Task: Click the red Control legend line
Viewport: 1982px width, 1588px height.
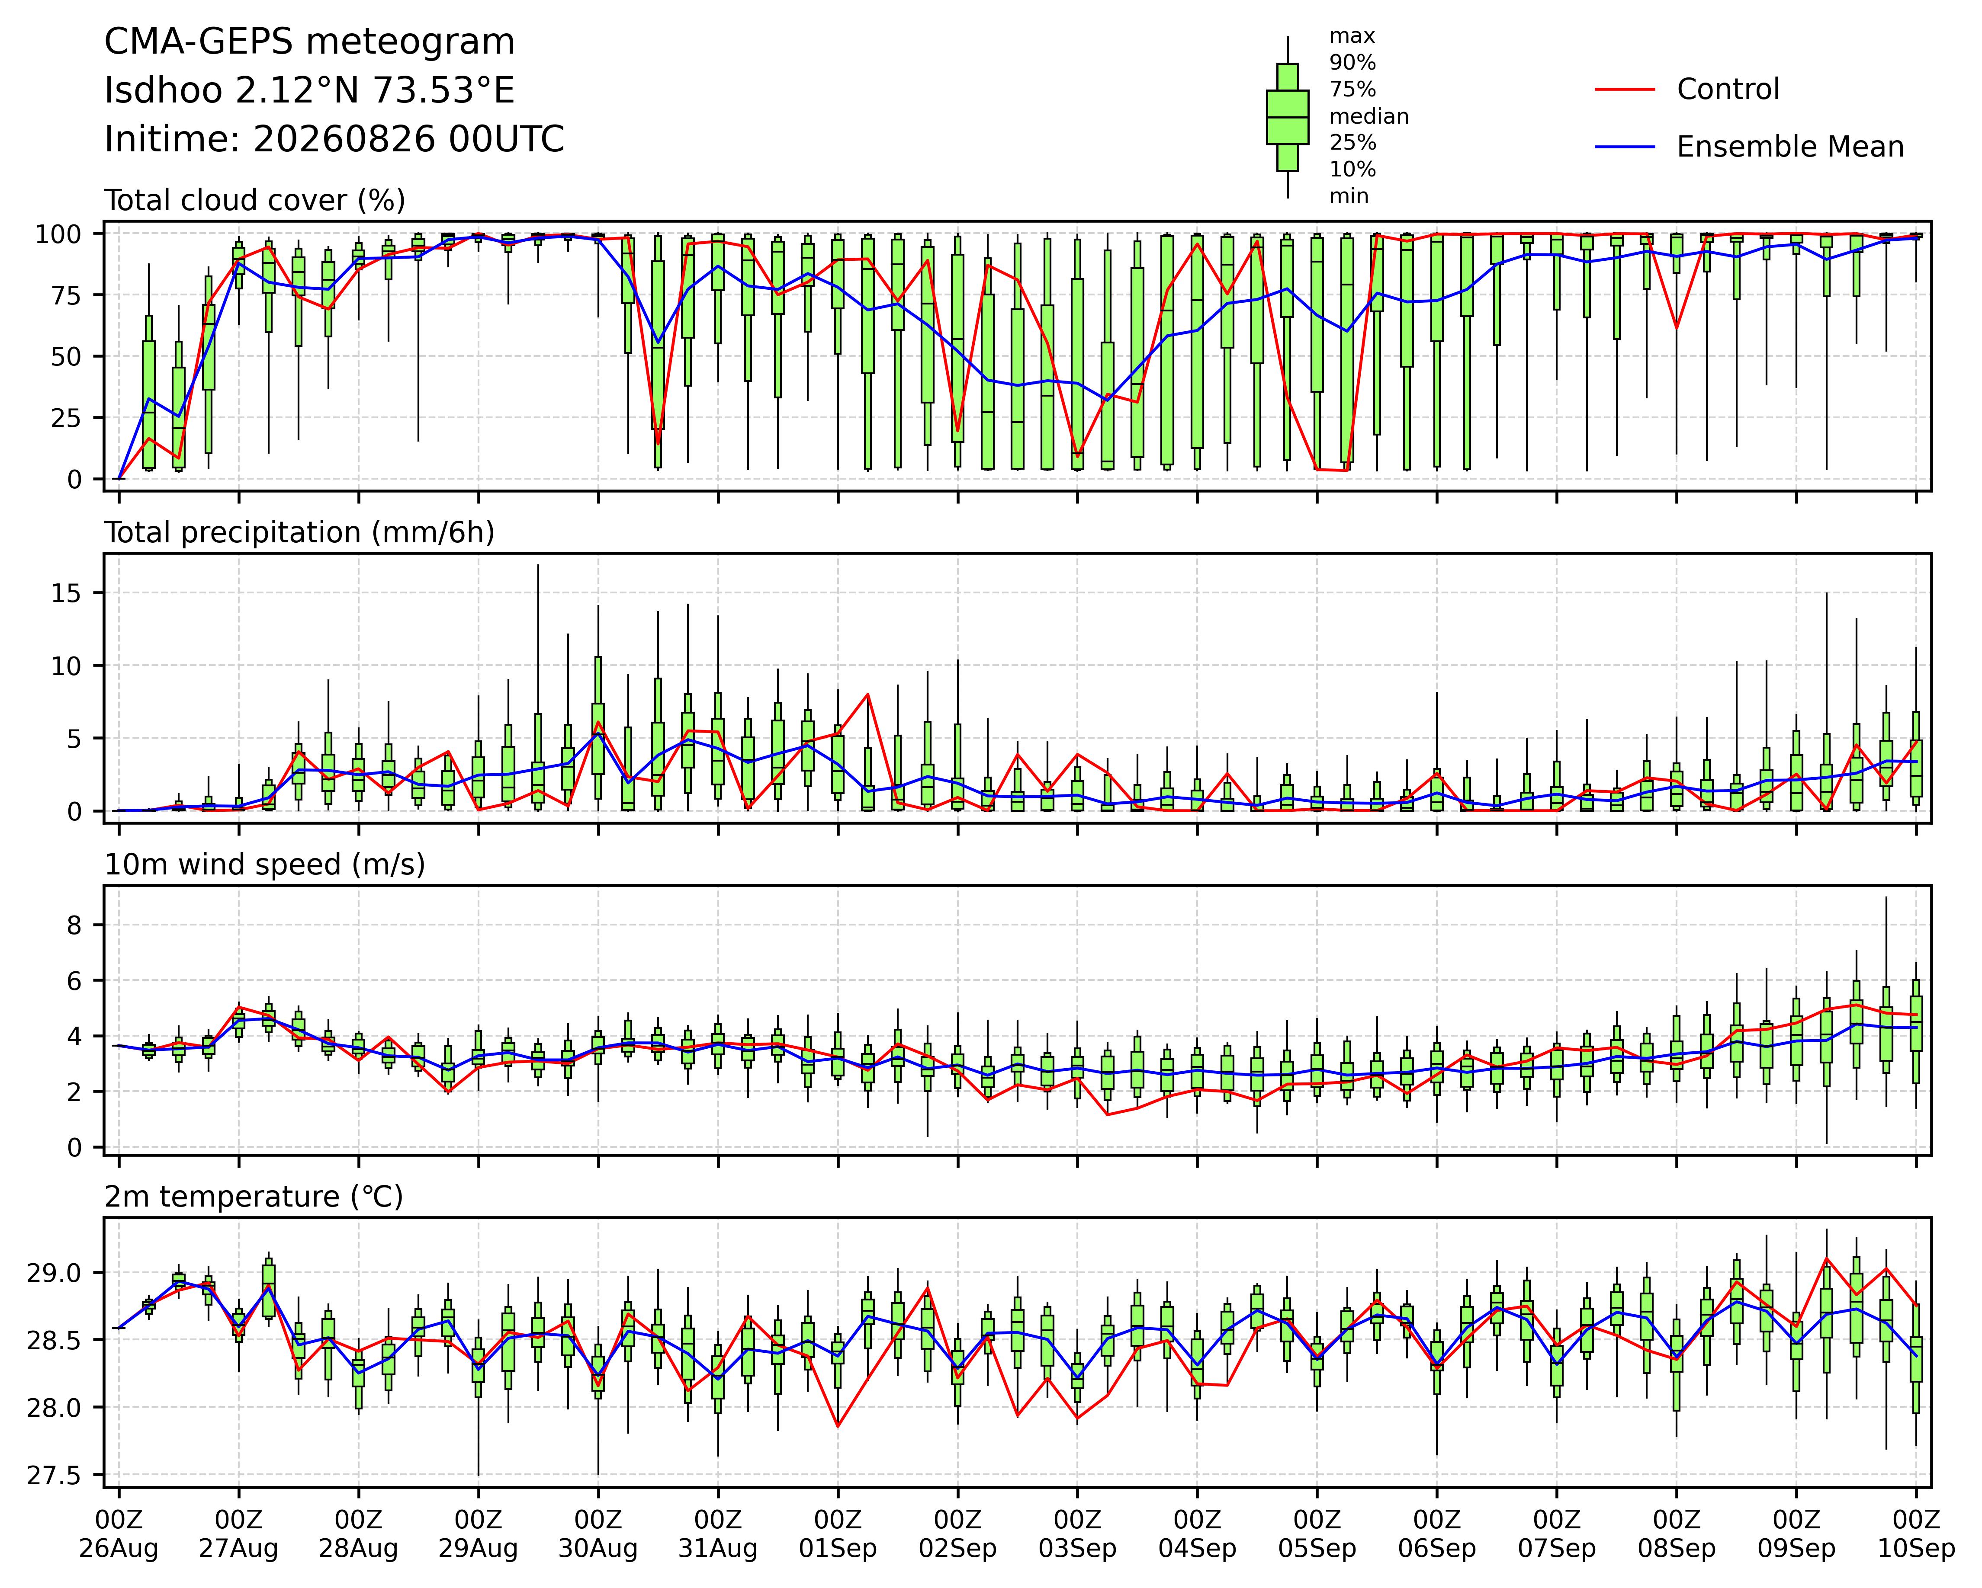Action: pyautogui.click(x=1624, y=89)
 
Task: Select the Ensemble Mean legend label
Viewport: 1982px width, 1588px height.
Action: pyautogui.click(x=1790, y=147)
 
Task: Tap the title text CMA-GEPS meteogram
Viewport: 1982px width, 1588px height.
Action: pyautogui.click(x=310, y=42)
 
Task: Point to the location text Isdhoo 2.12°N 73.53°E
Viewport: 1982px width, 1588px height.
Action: pyautogui.click(x=310, y=91)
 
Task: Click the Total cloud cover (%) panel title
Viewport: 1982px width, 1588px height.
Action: pyautogui.click(x=255, y=200)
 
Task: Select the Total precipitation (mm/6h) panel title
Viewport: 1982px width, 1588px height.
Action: pyautogui.click(x=300, y=533)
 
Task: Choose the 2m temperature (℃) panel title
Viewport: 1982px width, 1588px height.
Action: pyautogui.click(x=254, y=1197)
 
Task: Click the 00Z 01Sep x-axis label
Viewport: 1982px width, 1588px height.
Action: pyautogui.click(x=838, y=1534)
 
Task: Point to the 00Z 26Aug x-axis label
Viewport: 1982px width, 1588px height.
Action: pyautogui.click(x=119, y=1534)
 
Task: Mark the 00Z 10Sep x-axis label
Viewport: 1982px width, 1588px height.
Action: pyautogui.click(x=1916, y=1534)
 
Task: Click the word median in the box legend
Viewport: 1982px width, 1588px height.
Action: pyautogui.click(x=1369, y=117)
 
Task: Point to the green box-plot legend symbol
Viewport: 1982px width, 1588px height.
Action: pyautogui.click(x=1287, y=117)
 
